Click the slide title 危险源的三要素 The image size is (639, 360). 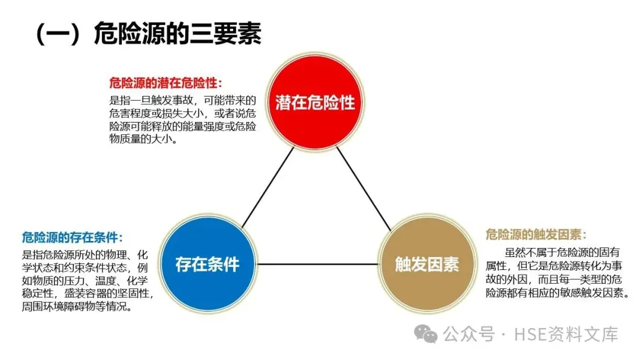[x=177, y=34]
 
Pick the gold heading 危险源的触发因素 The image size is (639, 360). [x=535, y=234]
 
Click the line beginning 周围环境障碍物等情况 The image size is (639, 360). [x=77, y=307]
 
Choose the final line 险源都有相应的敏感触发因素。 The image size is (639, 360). [x=553, y=292]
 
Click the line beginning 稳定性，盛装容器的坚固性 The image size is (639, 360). [x=88, y=294]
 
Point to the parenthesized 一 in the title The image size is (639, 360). [x=57, y=34]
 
